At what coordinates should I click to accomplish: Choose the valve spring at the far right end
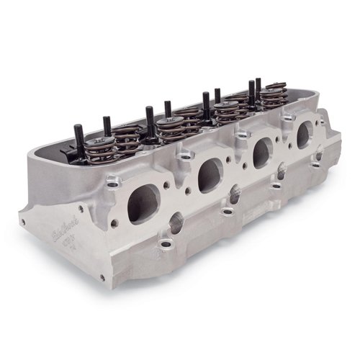pos(271,95)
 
